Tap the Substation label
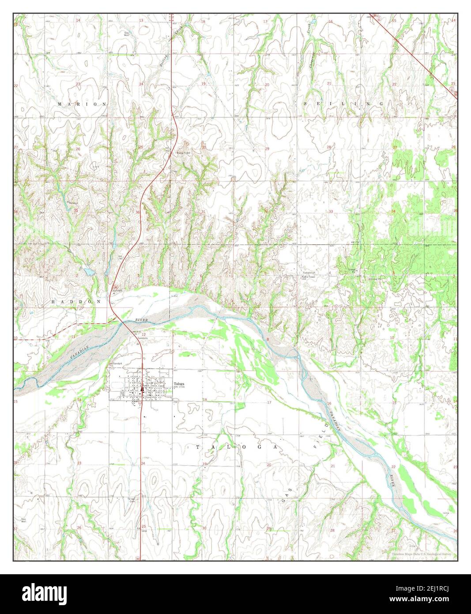pos(309,273)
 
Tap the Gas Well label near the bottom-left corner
pos(23,520)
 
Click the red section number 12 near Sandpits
pos(143,334)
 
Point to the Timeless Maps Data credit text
pos(421,553)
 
